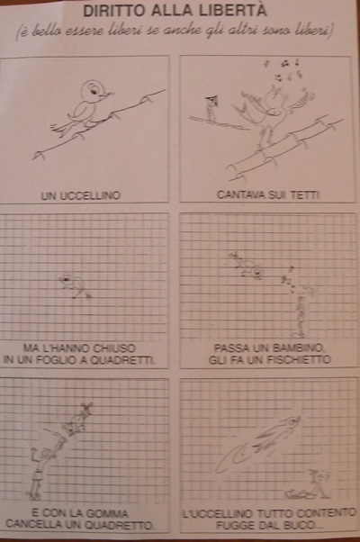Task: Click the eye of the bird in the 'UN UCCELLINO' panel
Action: tap(94, 91)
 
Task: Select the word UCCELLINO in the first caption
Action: tap(90, 195)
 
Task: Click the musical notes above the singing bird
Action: tap(284, 71)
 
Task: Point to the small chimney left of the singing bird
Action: tap(211, 107)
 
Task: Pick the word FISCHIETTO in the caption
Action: tap(295, 360)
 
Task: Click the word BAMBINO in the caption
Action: tap(298, 348)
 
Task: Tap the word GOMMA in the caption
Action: tap(109, 513)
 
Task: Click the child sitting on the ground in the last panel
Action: tap(310, 484)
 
